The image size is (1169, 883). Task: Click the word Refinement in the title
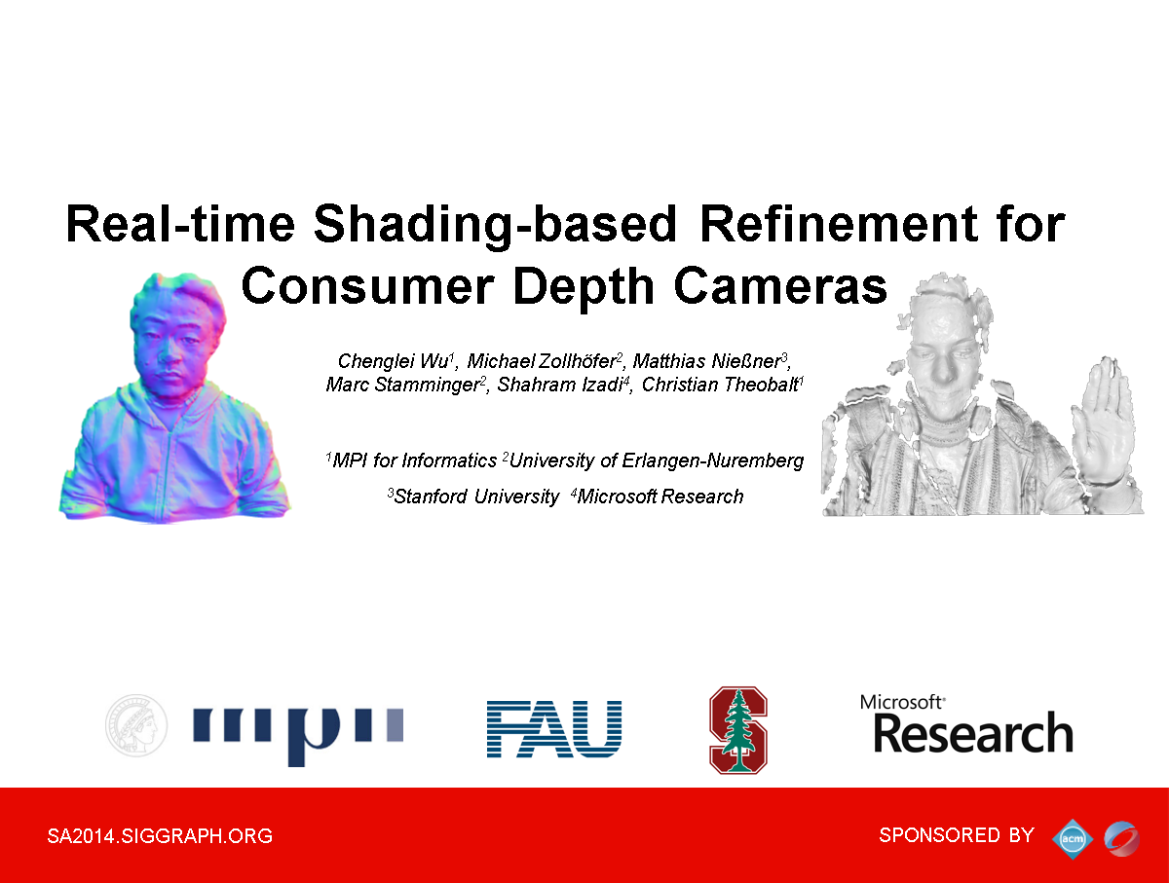coord(839,224)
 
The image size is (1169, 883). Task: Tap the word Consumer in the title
coord(367,286)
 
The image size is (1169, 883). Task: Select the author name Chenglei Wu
coord(395,361)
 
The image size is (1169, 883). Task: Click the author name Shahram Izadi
coord(560,385)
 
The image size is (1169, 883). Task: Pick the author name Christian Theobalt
coord(720,385)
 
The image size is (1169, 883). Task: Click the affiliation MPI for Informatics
coord(414,460)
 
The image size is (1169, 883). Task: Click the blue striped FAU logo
coord(554,728)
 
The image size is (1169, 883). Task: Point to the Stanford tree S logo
coord(738,730)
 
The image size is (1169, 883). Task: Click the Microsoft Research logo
coord(966,724)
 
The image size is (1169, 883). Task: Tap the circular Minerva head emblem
coord(136,725)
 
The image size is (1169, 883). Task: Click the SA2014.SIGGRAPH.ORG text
coord(160,835)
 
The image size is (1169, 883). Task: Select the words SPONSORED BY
coord(957,834)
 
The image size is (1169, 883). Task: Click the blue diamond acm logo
coord(1073,839)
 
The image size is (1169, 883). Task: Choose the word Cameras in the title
coord(780,286)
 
